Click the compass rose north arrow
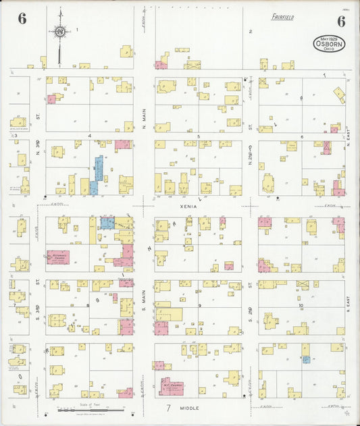60,30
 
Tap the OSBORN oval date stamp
329,44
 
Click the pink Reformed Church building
58,258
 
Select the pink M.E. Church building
172,387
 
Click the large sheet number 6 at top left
22,19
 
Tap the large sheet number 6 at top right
340,21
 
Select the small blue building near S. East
307,360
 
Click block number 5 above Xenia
199,136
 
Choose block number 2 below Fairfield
250,32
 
